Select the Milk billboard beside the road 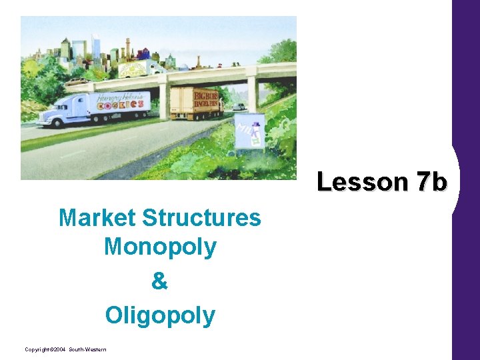click(249, 131)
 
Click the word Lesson click(360, 181)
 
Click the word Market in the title click(97, 217)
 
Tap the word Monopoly click(160, 247)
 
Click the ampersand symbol click(160, 281)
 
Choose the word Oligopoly click(160, 315)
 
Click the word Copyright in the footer click(37, 349)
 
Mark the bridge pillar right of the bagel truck click(253, 93)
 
